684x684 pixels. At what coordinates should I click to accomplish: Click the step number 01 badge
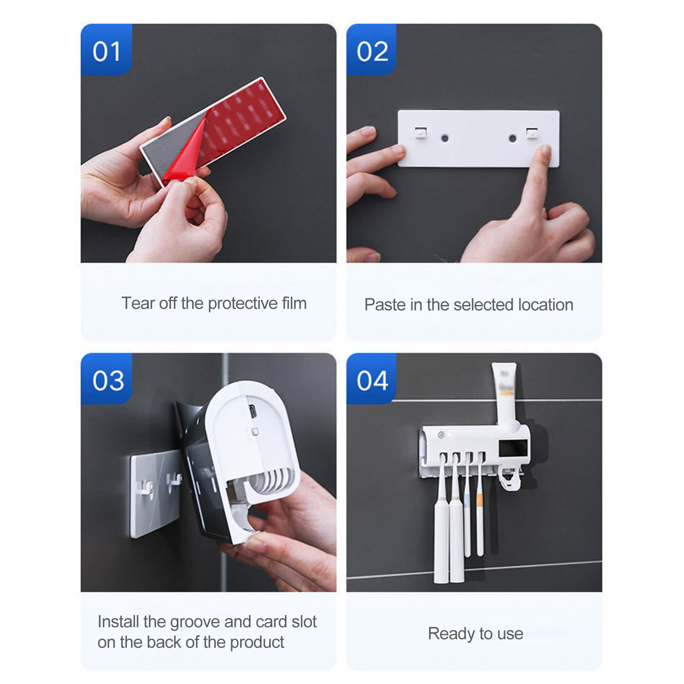pos(106,50)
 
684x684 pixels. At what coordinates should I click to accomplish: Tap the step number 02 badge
pos(372,50)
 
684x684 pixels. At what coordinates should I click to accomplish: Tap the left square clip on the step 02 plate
pos(421,132)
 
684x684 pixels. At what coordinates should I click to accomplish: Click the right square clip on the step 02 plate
pos(532,132)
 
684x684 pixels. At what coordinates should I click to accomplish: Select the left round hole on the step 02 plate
pos(445,138)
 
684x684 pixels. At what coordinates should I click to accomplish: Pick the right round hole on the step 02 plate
pos(512,138)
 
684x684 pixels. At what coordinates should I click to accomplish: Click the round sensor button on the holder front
pos(440,435)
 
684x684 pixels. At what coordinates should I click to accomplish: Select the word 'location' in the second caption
pos(546,305)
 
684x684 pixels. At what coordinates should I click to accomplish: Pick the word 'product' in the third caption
pos(257,643)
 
